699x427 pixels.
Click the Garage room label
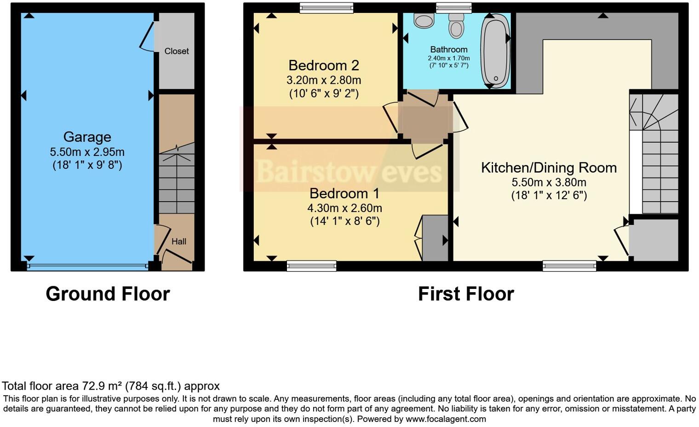click(87, 137)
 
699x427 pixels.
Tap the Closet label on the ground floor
click(177, 51)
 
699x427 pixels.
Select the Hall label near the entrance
click(179, 241)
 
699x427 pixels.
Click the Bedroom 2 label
click(323, 65)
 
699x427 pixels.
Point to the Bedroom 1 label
click(344, 193)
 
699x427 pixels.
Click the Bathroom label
click(449, 49)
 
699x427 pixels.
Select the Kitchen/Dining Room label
click(549, 167)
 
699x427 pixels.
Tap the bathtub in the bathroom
click(495, 51)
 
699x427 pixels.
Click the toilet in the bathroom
click(456, 25)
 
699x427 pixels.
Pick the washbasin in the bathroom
click(423, 20)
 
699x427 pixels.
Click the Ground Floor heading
click(108, 294)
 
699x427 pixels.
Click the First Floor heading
click(466, 294)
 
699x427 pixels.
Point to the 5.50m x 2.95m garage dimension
click(87, 152)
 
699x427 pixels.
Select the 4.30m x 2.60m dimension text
click(344, 208)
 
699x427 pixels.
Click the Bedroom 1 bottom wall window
click(311, 265)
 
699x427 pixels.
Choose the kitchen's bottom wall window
click(569, 265)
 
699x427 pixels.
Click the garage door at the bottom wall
click(87, 266)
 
